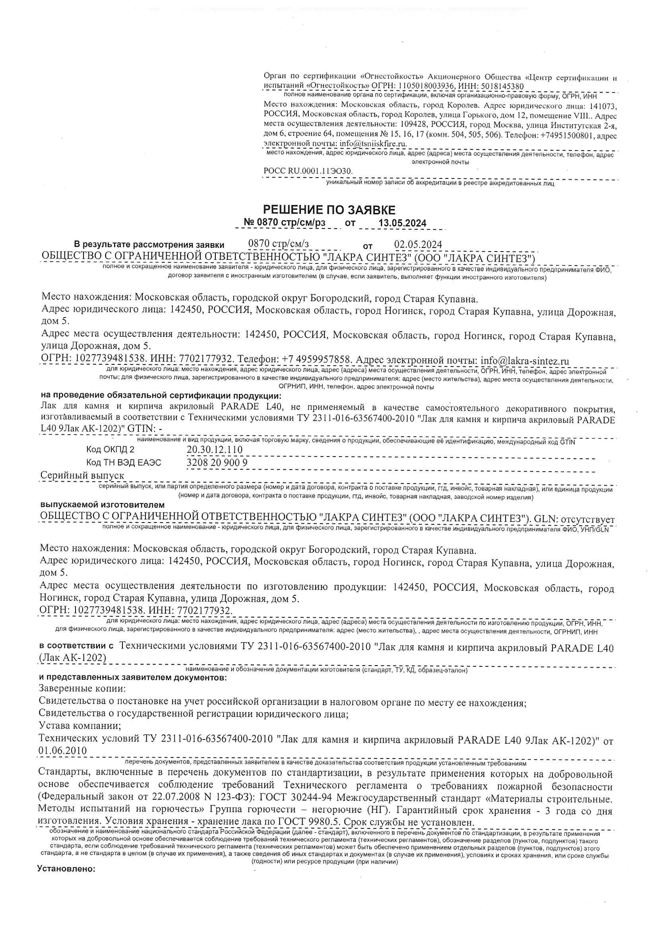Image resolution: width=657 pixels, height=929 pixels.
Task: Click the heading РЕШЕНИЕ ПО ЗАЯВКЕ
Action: coord(329,209)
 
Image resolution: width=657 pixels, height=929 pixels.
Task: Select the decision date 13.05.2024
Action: coord(402,223)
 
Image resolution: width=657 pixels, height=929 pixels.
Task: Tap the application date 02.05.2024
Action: coord(418,244)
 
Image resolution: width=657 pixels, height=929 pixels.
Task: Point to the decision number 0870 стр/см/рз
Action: coord(285,223)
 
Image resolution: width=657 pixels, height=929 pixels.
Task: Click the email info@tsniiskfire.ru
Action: coord(373,143)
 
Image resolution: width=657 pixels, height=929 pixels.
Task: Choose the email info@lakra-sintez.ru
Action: coord(525,360)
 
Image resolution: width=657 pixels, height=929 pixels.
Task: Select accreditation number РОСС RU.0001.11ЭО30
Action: coord(308,171)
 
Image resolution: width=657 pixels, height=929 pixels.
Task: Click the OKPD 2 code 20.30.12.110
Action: coord(215,449)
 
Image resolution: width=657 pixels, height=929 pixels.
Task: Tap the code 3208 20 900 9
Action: coord(217,463)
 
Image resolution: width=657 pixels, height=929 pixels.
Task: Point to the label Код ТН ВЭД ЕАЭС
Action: coord(124,463)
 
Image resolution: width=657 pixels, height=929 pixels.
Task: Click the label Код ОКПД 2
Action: coord(110,449)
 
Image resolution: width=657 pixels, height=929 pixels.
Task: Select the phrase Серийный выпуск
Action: coord(82,476)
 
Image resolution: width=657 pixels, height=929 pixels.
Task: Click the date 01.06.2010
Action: coord(63,751)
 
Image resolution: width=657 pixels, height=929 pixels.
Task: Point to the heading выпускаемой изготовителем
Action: coord(103,505)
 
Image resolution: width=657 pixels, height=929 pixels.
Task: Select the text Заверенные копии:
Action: coord(82,688)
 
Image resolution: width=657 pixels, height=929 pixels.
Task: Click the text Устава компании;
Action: coord(80,726)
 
